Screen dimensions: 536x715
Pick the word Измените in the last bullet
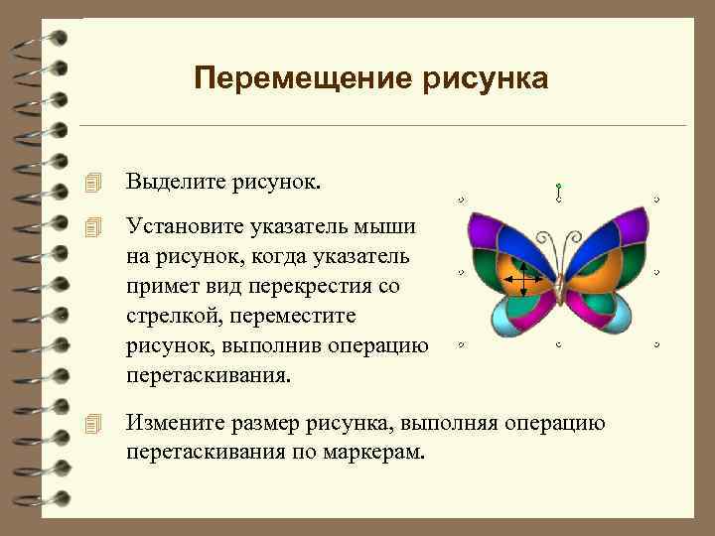point(170,426)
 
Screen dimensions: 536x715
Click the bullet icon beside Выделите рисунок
point(93,183)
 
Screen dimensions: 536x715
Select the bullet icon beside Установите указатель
point(93,227)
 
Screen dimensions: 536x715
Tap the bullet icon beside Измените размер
point(93,426)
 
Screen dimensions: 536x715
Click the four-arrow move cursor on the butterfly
point(521,280)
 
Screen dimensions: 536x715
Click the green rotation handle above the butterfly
point(559,186)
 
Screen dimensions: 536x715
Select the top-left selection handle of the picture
point(462,200)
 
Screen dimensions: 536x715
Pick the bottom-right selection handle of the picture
point(657,344)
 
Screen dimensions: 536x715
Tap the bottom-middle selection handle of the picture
point(559,344)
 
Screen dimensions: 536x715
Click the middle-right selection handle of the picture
point(657,272)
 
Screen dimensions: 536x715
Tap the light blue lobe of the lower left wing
point(509,317)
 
